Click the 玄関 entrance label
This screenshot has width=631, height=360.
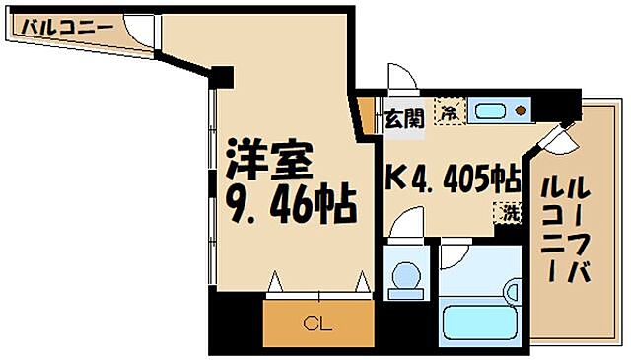click(x=403, y=118)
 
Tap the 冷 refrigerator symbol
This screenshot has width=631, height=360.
click(x=449, y=112)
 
